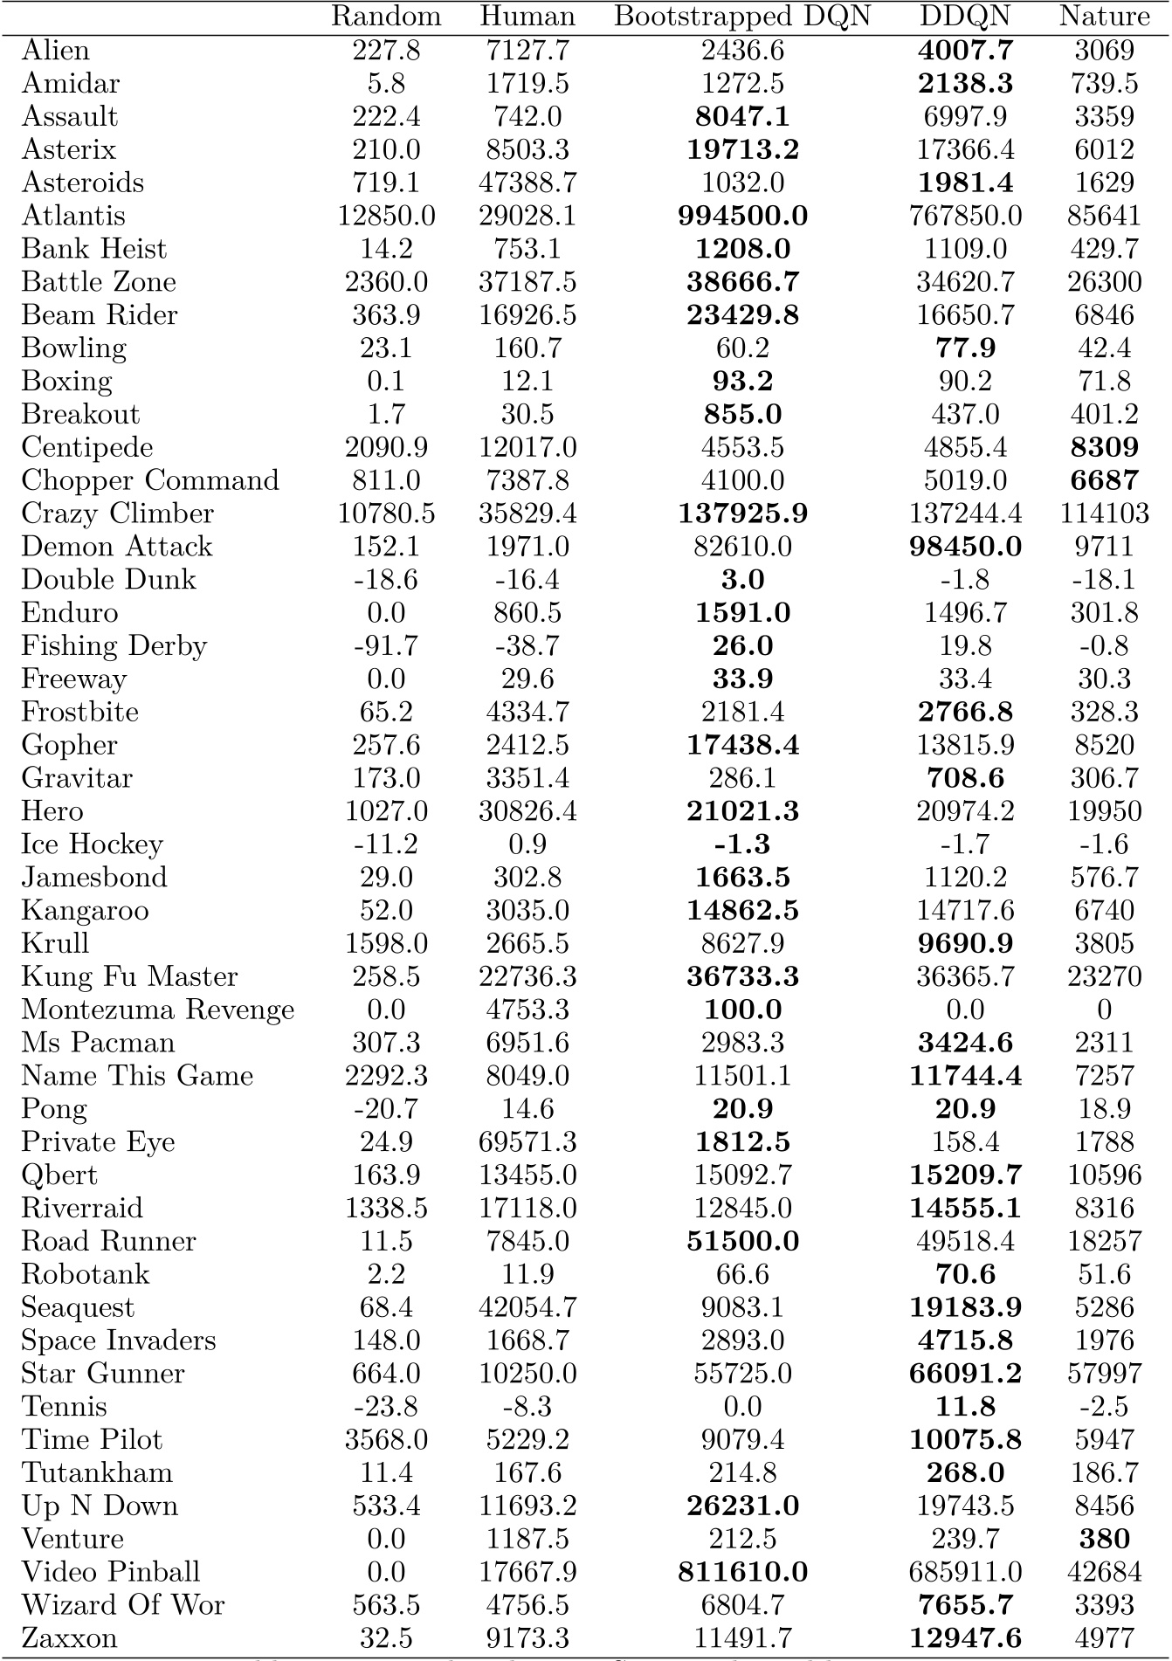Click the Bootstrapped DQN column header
742,17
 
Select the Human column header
527,17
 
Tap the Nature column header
1104,17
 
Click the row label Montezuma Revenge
157,1010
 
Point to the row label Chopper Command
150,480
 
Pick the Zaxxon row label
69,1637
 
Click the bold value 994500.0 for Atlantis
742,216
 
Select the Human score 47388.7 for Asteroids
527,183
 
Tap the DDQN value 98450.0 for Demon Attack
965,547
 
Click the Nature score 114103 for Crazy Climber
1104,513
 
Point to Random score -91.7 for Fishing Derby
386,646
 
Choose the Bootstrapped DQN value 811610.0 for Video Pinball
742,1572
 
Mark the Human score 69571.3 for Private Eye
527,1142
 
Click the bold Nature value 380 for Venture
1104,1539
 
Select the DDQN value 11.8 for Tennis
965,1407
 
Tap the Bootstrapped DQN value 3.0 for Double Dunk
742,580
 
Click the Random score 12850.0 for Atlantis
386,216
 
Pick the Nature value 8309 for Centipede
1104,447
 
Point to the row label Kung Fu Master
129,976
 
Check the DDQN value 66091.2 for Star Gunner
965,1374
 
